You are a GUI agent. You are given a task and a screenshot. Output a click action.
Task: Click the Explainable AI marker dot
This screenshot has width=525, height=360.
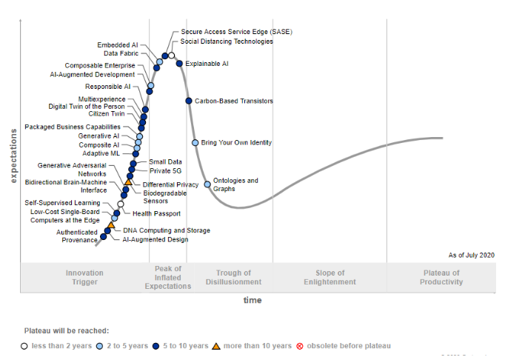[x=179, y=64]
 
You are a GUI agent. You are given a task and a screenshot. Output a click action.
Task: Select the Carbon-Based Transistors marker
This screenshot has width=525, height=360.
[x=189, y=101]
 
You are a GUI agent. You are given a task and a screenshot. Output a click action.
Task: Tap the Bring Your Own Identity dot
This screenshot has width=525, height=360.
[x=195, y=142]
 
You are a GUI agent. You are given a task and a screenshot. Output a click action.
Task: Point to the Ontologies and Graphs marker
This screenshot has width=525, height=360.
[x=207, y=184]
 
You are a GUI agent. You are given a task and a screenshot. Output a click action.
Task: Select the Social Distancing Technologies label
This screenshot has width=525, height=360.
[x=227, y=41]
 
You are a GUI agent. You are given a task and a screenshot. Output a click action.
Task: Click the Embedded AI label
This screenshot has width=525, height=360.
[x=118, y=45]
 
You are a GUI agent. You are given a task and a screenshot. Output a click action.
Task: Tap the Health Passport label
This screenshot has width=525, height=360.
[x=156, y=214]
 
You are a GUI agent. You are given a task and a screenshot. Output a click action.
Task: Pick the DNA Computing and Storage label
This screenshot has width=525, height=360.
[x=166, y=230]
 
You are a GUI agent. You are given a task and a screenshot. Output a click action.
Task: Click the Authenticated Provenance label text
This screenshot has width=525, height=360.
[x=77, y=236]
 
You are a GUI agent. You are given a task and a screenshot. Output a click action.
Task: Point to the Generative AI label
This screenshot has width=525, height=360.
[x=98, y=136]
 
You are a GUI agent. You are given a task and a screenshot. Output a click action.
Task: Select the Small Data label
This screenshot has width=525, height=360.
[x=165, y=161]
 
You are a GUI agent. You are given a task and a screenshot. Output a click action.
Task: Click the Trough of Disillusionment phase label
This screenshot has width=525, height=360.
[x=233, y=277]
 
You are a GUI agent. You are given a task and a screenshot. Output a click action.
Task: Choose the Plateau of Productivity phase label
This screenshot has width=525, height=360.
[x=441, y=277]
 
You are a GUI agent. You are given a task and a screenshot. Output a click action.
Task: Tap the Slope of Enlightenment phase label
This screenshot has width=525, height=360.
[x=330, y=277]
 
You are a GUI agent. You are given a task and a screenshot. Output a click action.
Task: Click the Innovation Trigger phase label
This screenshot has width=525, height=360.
[x=84, y=277]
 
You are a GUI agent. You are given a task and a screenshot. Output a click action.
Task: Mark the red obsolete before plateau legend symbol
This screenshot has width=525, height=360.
[x=300, y=346]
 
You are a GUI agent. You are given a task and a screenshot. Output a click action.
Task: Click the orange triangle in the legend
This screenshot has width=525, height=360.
[x=216, y=346]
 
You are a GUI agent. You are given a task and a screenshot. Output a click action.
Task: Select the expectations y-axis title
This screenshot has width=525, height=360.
[x=13, y=156]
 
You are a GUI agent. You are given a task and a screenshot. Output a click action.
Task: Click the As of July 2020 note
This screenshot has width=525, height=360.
[x=471, y=255]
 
